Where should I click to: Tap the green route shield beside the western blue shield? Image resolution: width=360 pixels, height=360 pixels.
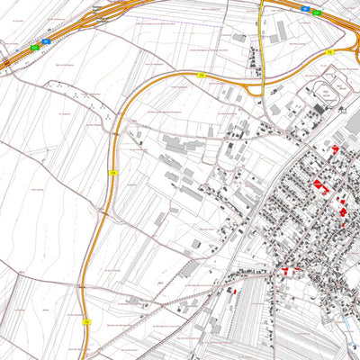tap(35, 46)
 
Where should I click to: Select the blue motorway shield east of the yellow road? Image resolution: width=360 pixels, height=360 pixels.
tap(305, 9)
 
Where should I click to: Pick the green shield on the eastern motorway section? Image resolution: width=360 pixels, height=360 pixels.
tap(317, 13)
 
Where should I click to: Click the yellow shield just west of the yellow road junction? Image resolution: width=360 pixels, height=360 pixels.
tap(202, 75)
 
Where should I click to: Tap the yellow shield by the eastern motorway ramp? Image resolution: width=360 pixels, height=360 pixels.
tap(330, 53)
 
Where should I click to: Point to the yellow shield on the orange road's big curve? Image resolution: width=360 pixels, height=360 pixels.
tap(112, 171)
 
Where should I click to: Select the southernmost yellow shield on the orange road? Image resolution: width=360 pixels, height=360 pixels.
tap(87, 319)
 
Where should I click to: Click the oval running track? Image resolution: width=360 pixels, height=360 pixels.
tap(324, 90)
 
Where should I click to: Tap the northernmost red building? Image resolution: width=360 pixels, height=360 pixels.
tap(335, 148)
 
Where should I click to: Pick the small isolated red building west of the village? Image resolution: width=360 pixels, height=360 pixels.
tap(231, 290)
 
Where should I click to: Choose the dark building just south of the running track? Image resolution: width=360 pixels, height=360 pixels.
tap(317, 110)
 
